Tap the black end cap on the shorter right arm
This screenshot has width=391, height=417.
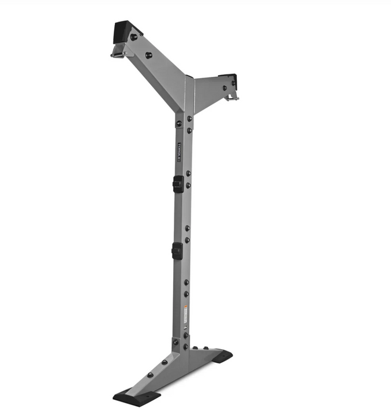coord(229,77)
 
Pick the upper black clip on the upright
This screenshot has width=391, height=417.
coord(177,184)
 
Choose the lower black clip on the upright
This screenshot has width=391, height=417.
coord(177,250)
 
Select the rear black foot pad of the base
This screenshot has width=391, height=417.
coord(221,356)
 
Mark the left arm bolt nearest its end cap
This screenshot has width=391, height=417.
coord(133,37)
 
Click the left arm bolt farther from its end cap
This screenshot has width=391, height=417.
coord(148,55)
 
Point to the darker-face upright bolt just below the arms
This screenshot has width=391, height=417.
coord(177,124)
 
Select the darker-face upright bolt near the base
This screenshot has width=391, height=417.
coord(176,342)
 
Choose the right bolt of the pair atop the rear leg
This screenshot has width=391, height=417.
coord(206,348)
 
